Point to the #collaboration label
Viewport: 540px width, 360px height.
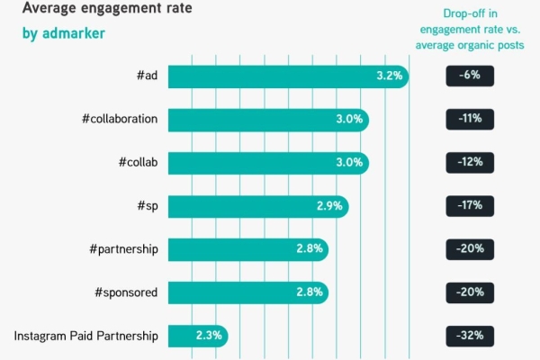click(119, 120)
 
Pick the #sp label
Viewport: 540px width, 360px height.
click(147, 206)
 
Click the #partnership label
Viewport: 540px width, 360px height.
click(126, 249)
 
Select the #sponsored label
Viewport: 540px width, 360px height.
click(127, 292)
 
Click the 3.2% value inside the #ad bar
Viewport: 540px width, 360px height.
click(389, 76)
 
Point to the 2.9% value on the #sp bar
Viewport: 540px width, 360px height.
click(329, 206)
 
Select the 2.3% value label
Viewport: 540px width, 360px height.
click(209, 336)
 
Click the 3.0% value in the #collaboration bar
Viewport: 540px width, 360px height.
click(349, 120)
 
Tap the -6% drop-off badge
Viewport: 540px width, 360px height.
click(469, 76)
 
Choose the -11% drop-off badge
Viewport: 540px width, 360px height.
click(469, 120)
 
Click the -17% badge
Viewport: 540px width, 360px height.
click(469, 206)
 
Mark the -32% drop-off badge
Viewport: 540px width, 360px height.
click(469, 336)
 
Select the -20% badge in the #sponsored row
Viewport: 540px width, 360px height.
click(469, 292)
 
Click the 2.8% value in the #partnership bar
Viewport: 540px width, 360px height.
click(310, 249)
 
